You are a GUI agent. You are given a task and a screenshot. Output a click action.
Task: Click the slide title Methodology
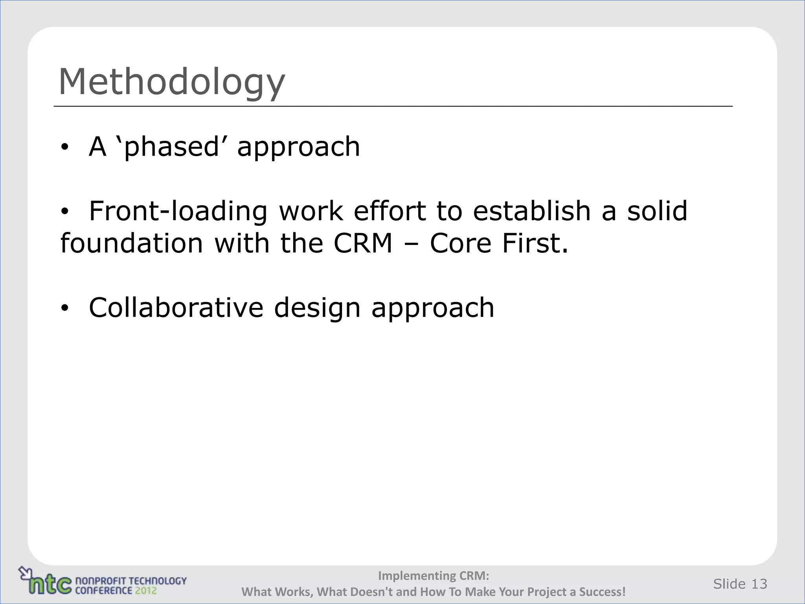172,82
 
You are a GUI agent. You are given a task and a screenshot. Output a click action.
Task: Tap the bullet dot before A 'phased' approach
64,147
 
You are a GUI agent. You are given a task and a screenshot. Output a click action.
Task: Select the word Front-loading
178,211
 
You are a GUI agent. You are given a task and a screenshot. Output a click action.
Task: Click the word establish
532,211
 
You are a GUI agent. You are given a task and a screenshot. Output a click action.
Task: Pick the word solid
657,211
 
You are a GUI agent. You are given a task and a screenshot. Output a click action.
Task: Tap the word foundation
131,243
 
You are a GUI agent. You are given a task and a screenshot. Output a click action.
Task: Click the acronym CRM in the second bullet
363,243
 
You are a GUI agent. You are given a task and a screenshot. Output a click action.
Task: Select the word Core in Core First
460,243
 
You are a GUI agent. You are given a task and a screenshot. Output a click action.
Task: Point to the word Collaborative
176,308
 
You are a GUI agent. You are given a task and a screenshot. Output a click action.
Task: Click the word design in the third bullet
317,308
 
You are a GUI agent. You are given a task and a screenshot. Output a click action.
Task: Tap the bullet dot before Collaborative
64,308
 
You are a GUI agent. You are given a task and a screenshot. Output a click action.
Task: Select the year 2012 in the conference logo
146,590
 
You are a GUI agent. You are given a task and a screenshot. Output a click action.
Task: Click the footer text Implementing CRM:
433,576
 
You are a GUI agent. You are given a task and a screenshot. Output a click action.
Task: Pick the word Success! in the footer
602,592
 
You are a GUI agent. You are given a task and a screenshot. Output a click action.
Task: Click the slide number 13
759,584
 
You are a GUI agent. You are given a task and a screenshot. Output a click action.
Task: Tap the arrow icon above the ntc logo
26,572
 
